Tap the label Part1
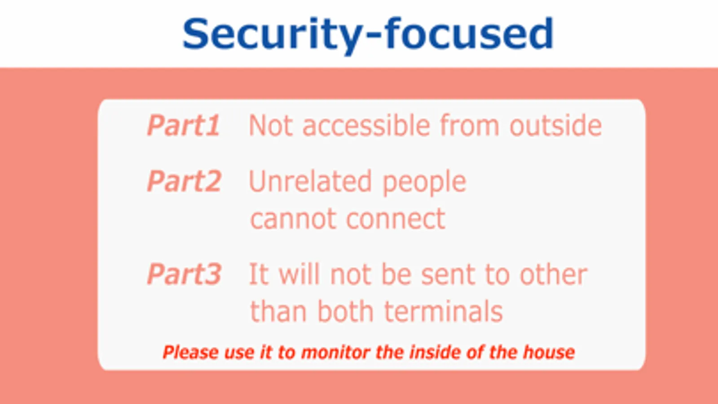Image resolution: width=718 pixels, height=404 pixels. pos(183,125)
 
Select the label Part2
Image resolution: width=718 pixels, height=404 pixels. pos(184,181)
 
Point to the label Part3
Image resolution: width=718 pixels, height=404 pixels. pos(184,274)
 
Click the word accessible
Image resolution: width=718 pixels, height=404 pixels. pos(366,125)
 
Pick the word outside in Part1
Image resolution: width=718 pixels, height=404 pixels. pos(555,125)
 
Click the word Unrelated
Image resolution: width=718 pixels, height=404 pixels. pos(310,181)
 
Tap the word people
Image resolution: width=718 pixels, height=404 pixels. pos(424,184)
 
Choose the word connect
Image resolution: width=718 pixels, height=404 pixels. pos(396,219)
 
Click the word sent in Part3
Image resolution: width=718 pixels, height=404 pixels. pos(448,275)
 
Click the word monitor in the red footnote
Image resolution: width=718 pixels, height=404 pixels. pos(335,352)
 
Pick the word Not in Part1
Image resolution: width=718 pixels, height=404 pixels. pos(271,125)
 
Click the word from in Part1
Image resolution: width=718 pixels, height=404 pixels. pos(469,125)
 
